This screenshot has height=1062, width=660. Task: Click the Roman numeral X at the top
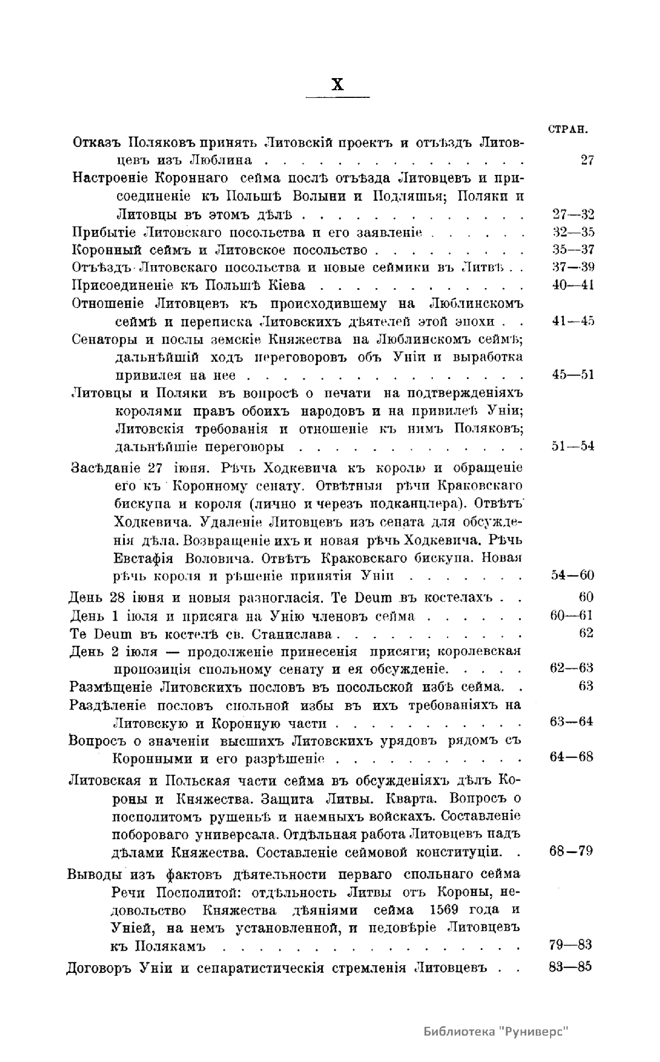click(338, 84)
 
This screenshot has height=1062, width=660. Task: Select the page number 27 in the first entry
click(587, 161)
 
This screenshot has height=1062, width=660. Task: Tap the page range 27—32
click(573, 214)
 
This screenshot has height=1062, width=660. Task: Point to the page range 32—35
click(573, 232)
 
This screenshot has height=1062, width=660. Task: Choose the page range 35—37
click(573, 250)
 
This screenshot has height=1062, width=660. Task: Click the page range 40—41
click(573, 285)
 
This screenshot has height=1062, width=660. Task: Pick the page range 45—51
click(573, 375)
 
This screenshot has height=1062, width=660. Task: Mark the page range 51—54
click(573, 446)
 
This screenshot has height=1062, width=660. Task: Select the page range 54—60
click(573, 575)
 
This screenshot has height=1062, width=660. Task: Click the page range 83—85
click(570, 968)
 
